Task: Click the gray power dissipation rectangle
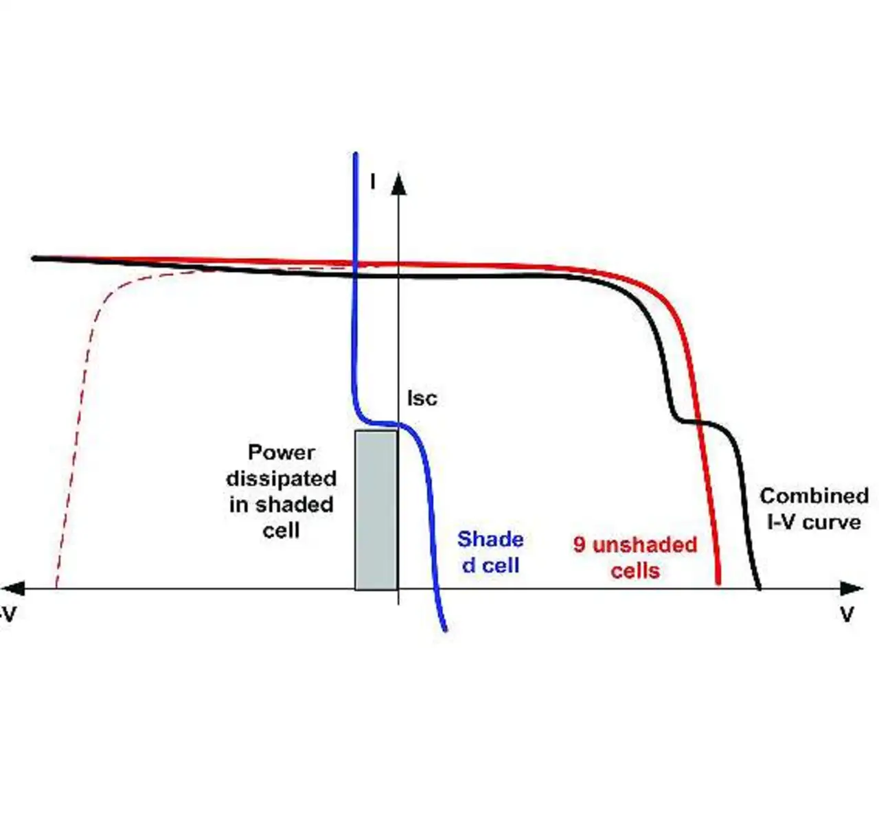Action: click(376, 509)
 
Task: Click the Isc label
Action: click(422, 398)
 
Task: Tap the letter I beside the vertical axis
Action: click(373, 181)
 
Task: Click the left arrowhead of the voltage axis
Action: click(12, 588)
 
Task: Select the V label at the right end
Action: click(847, 614)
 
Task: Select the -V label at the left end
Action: click(7, 614)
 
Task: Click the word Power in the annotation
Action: click(282, 452)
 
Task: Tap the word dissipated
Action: click(282, 479)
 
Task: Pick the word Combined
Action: click(814, 496)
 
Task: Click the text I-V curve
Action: click(814, 522)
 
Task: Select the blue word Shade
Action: click(490, 540)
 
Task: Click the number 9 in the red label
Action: click(580, 545)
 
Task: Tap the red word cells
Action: click(635, 571)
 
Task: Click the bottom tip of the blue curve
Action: click(446, 630)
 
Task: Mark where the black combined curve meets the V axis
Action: click(759, 588)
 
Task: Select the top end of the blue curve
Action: click(356, 154)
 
